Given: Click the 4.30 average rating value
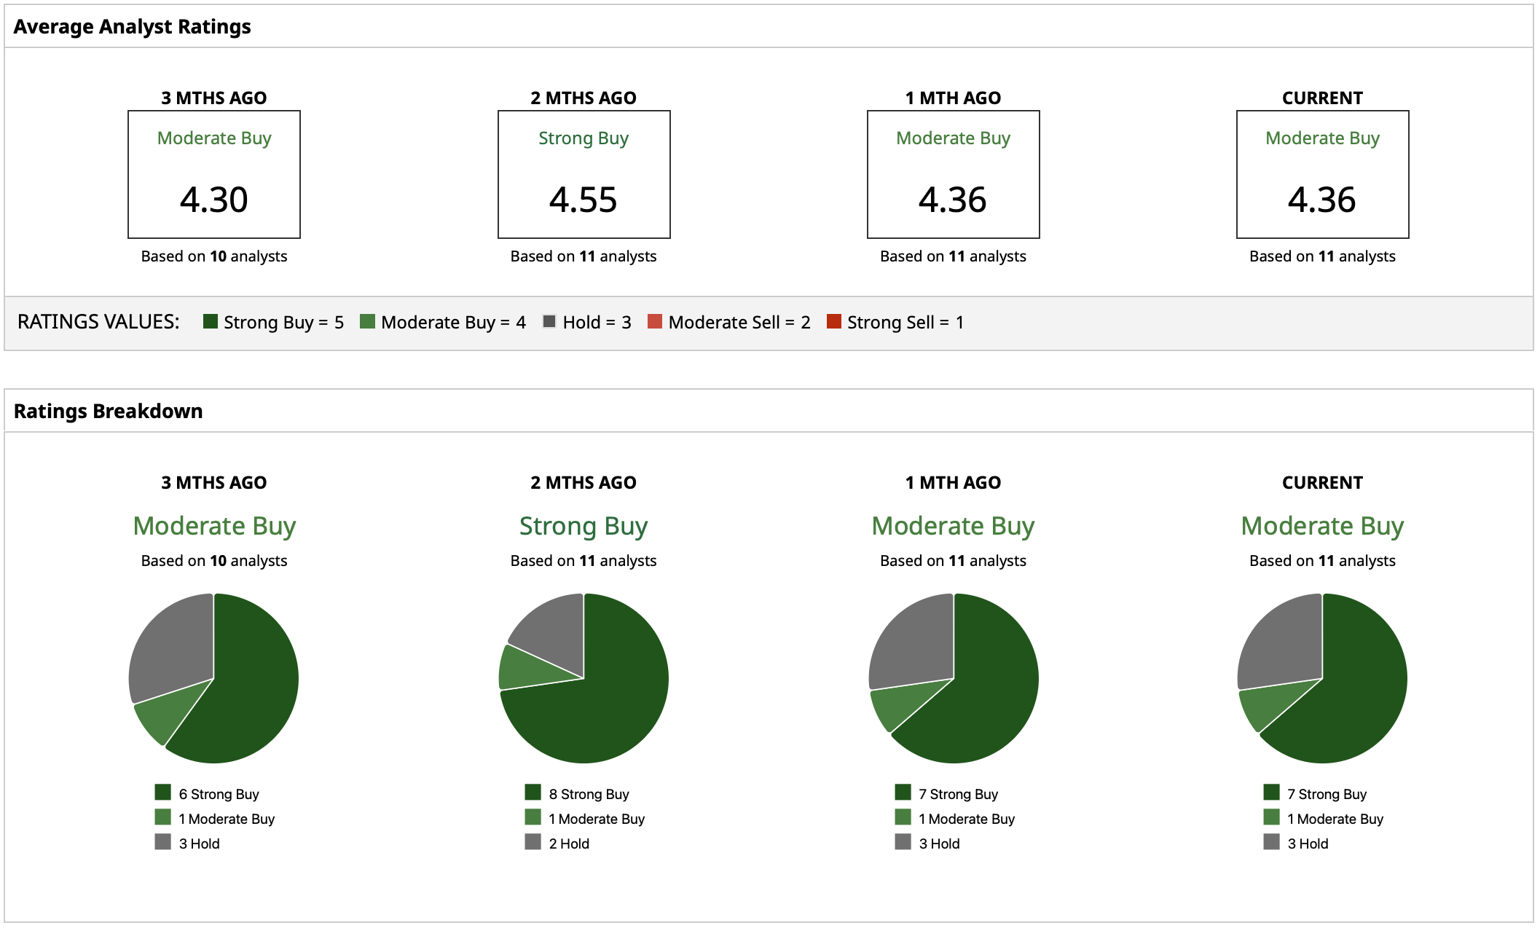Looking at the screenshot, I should point(214,200).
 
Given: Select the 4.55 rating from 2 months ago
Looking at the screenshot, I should point(584,200).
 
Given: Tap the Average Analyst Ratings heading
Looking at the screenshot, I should point(132,27).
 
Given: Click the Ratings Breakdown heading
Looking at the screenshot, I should point(108,412).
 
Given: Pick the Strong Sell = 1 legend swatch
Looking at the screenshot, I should point(834,321).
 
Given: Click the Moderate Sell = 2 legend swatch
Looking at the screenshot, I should point(655,321).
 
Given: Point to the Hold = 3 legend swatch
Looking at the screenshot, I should point(549,321).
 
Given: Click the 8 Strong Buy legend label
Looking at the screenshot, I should point(589,794).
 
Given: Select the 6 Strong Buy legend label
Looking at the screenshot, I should point(219,794).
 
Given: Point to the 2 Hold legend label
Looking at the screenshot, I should point(569,844).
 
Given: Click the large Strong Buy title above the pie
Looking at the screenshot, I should point(584,526).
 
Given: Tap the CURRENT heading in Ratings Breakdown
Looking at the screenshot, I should point(1322,483).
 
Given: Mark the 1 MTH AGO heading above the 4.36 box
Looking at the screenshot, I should point(953,98).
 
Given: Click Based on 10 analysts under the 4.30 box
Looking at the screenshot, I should point(214,256).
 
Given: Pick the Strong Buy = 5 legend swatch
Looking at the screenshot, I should point(211,321).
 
